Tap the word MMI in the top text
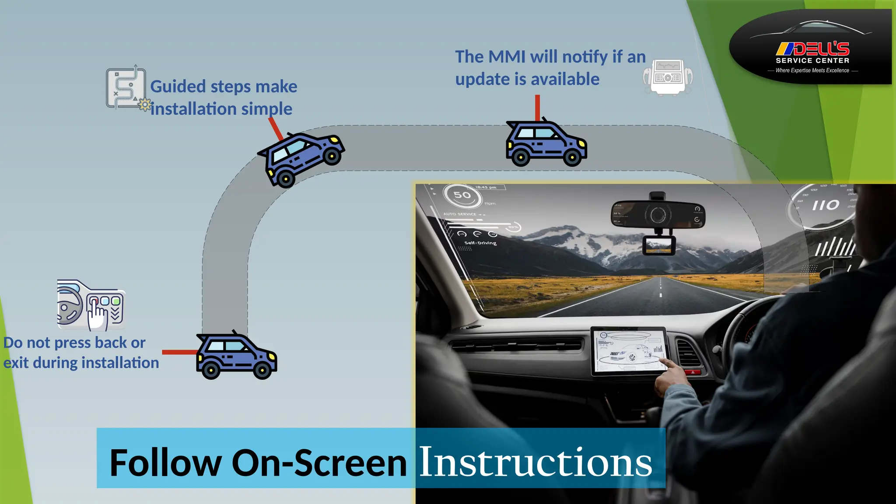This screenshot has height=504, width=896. point(507,57)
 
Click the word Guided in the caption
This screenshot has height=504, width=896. point(178,87)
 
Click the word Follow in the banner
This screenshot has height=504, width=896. point(165,463)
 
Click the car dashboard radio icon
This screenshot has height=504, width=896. point(668,77)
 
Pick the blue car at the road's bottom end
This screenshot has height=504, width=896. point(236,356)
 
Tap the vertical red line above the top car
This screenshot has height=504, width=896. point(537,107)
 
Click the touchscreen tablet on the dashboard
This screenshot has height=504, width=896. point(628,351)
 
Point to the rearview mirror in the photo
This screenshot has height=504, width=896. point(658,215)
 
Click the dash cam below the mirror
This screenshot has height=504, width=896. point(658,245)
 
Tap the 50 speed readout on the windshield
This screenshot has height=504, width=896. point(462,195)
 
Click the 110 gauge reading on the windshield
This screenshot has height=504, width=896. point(826,205)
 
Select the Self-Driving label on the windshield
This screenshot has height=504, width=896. point(480,243)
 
